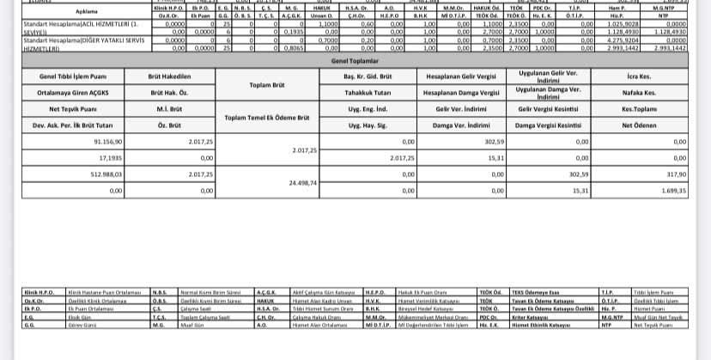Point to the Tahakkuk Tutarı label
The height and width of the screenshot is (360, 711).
point(365,94)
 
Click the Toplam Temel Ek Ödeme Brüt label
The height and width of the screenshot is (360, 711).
point(266,118)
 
